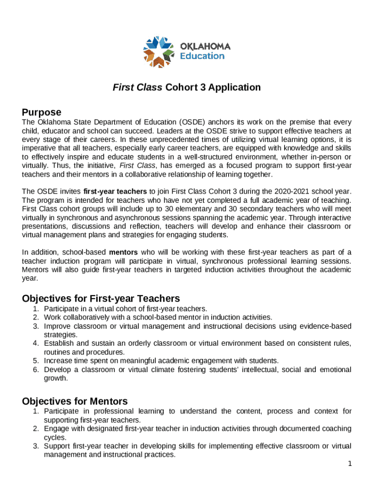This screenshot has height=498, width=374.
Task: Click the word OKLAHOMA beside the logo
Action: click(x=205, y=47)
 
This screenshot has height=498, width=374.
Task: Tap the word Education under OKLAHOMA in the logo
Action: click(x=203, y=56)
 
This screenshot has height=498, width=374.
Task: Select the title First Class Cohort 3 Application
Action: click(x=187, y=88)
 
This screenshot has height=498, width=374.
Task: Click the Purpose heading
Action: click(x=42, y=112)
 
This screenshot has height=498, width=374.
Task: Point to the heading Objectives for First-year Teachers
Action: click(x=101, y=298)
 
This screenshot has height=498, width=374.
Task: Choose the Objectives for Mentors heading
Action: click(x=75, y=401)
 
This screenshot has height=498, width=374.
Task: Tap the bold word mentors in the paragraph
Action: click(x=123, y=252)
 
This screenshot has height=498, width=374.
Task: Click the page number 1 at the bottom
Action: click(x=349, y=464)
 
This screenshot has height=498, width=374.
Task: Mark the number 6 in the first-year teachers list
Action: click(x=36, y=370)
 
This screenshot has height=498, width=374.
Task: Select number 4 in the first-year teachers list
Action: click(x=36, y=343)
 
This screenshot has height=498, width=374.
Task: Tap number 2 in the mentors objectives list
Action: click(x=36, y=429)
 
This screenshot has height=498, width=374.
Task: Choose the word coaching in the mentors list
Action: click(x=336, y=429)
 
